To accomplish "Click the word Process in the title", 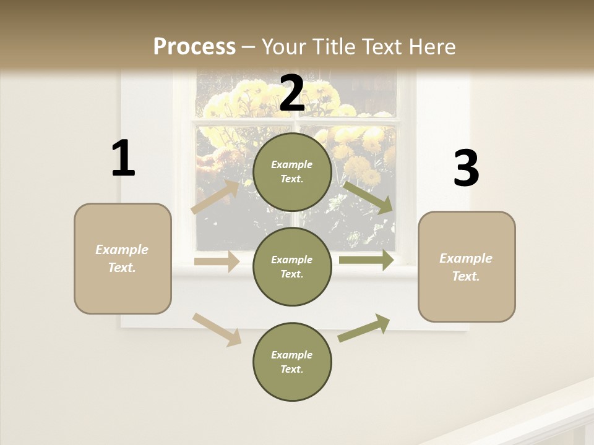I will click(194, 47).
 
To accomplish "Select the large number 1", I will click(123, 158).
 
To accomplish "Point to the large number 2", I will click(292, 93).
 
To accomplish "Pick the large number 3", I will click(466, 169).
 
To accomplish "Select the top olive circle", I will click(292, 172).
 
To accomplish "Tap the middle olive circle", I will click(292, 266).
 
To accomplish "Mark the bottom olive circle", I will click(292, 362).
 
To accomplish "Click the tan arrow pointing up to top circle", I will click(215, 197).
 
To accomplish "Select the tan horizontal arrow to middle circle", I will click(217, 261).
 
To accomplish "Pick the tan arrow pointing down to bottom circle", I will click(217, 329).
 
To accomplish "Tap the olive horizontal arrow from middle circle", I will click(366, 260).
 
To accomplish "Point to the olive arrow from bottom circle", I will click(364, 328).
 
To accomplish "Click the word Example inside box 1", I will click(122, 250).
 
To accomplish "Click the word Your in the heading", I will click(285, 47).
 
